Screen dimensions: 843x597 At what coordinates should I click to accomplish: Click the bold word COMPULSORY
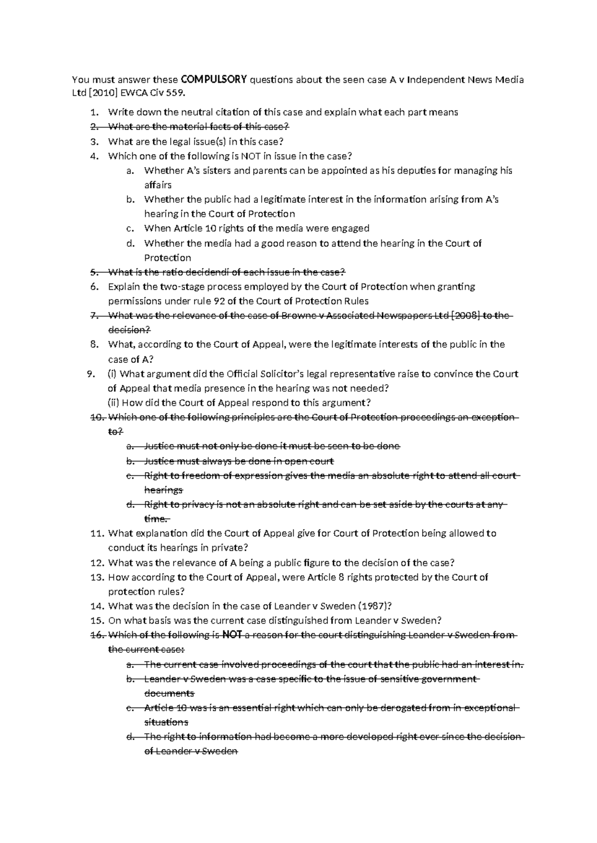[x=214, y=79]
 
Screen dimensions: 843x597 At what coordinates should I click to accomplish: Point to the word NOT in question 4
[x=250, y=156]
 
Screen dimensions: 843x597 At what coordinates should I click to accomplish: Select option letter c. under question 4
[x=130, y=229]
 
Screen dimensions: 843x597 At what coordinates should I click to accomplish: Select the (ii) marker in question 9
[x=113, y=403]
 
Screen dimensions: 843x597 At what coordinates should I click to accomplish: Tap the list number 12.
[x=96, y=563]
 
